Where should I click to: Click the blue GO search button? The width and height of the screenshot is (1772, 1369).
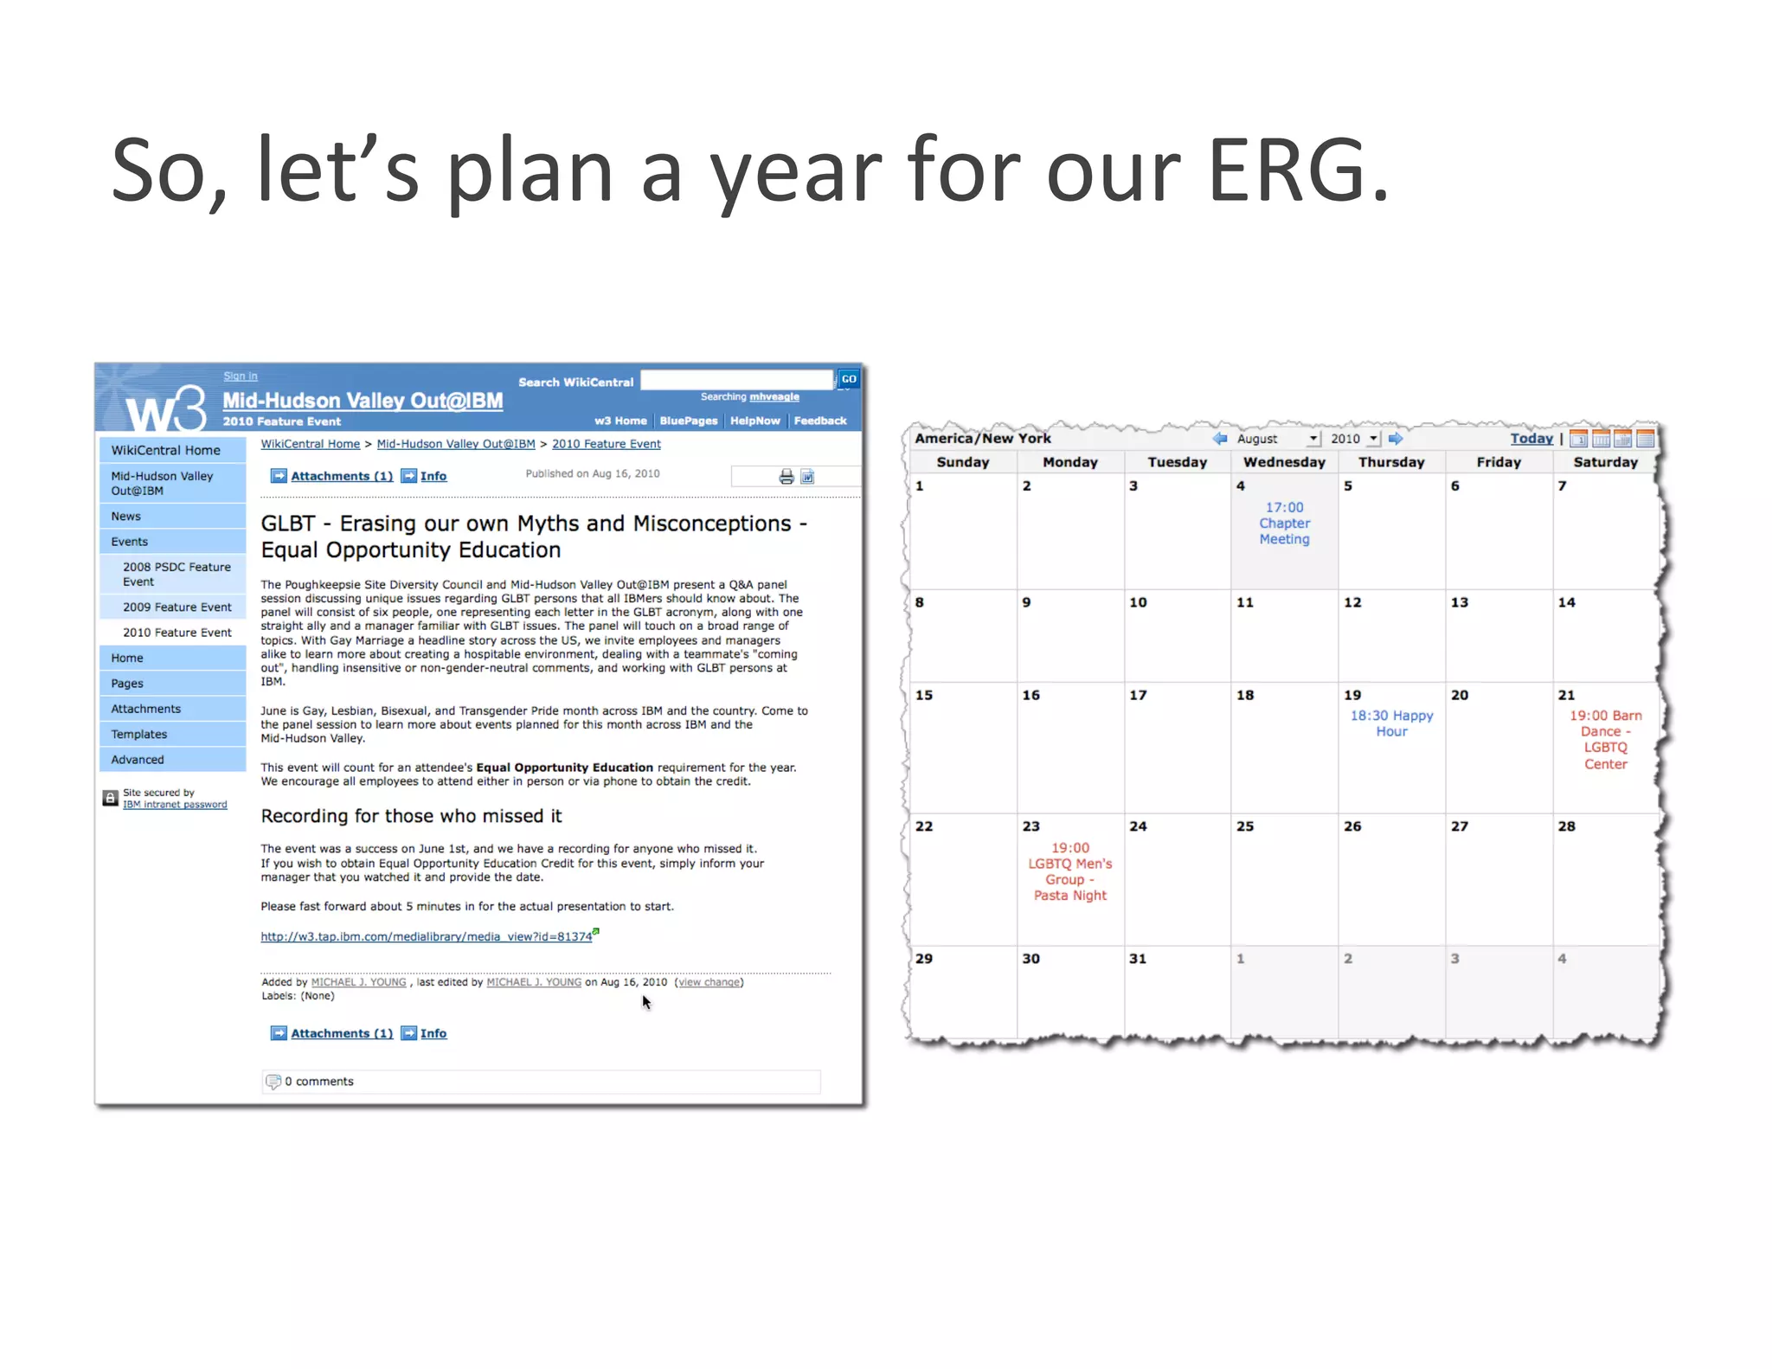pos(849,379)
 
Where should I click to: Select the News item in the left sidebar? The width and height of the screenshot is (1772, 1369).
pos(125,517)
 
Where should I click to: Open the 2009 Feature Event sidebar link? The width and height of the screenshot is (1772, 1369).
pos(177,607)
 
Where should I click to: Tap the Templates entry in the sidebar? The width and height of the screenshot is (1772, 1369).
pos(138,735)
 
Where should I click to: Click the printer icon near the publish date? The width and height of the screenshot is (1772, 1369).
pos(786,477)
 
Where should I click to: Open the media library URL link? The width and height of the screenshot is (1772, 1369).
pos(426,937)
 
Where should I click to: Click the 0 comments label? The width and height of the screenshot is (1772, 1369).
pos(318,1082)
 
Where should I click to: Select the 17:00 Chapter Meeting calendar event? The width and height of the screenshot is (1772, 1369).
pos(1284,524)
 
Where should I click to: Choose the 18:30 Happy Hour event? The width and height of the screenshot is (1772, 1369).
pos(1391,723)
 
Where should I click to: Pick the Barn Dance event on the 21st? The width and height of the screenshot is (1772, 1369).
pos(1605,740)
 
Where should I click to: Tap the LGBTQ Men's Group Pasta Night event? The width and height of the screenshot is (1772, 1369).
pos(1069,872)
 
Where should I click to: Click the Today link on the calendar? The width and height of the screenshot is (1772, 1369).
pos(1531,439)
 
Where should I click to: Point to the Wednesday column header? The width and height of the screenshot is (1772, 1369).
pos(1284,462)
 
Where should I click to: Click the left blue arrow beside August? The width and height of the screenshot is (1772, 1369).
pos(1220,439)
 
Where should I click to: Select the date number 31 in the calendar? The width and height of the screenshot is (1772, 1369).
pos(1138,959)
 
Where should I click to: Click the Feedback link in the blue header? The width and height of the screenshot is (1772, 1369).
pos(819,421)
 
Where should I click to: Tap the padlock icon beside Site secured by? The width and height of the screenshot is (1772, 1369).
pos(111,798)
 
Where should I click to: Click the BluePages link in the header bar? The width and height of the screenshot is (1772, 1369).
pos(688,421)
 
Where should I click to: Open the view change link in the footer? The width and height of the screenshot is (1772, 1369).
pos(709,983)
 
